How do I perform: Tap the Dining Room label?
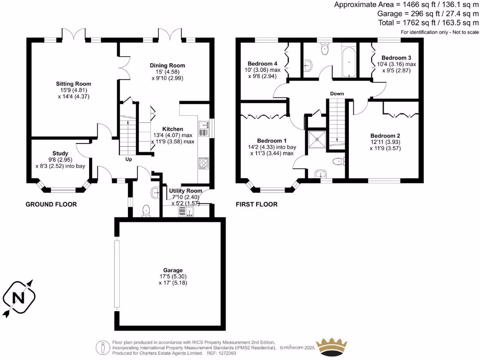[x=167, y=65]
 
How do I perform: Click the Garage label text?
[x=170, y=270]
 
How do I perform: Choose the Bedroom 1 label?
[x=271, y=141]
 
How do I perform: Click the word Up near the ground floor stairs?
[x=128, y=159]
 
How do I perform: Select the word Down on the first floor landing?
[x=337, y=94]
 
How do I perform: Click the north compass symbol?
[x=19, y=297]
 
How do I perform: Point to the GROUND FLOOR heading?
[x=51, y=204]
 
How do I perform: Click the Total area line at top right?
[x=428, y=22]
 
